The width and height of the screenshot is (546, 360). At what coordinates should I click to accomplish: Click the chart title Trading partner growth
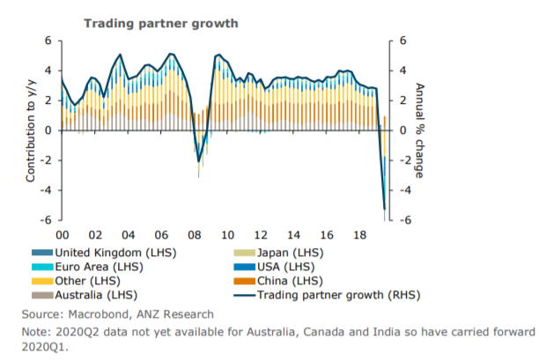[x=160, y=23]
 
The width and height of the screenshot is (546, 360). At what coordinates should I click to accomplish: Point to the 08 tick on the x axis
[x=195, y=236]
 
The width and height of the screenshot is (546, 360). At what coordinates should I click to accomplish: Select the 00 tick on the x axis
[x=63, y=236]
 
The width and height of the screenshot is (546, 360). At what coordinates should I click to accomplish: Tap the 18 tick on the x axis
[x=358, y=236]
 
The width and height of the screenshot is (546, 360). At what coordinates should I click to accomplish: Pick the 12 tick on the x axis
[x=261, y=236]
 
